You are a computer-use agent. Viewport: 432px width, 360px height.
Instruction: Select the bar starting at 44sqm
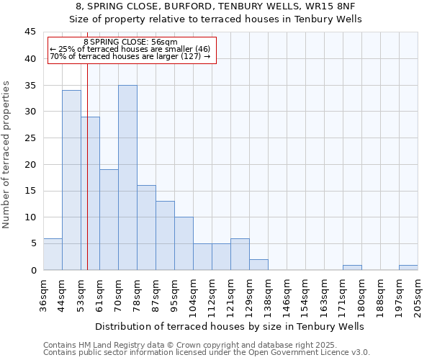tap(71, 180)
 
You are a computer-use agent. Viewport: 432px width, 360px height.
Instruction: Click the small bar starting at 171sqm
tap(352, 268)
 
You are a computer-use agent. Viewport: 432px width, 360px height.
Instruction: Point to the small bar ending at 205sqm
tap(408, 268)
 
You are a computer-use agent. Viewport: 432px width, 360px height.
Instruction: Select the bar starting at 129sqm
tap(258, 264)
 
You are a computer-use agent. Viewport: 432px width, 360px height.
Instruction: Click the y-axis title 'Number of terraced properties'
tap(6, 155)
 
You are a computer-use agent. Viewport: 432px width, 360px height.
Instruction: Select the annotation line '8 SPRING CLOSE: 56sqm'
tap(130, 42)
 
